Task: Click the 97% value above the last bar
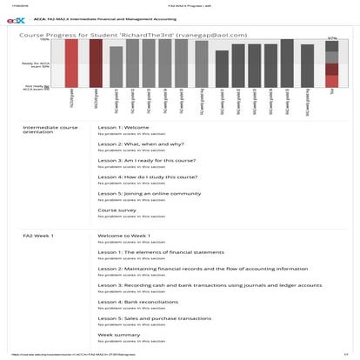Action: point(331,38)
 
